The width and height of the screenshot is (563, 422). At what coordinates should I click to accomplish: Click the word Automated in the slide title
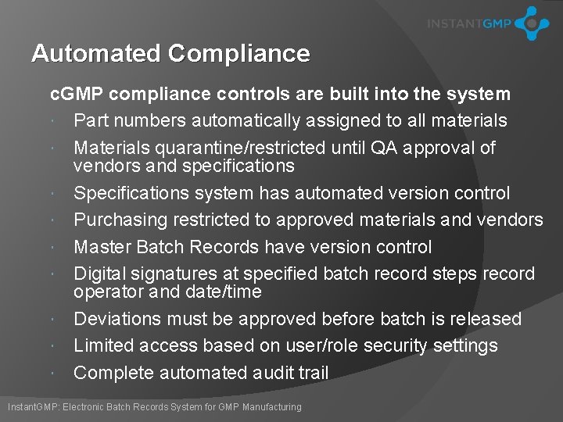pos(95,54)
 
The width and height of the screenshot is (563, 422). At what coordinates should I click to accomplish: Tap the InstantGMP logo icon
pos(533,23)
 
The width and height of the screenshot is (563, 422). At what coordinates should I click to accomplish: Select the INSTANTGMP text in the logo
pos(469,24)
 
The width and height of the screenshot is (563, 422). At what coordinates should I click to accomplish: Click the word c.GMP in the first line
pos(77,95)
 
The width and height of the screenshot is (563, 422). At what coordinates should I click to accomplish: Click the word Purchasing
pos(121,220)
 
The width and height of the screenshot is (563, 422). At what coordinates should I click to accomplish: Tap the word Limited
pos(104,345)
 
